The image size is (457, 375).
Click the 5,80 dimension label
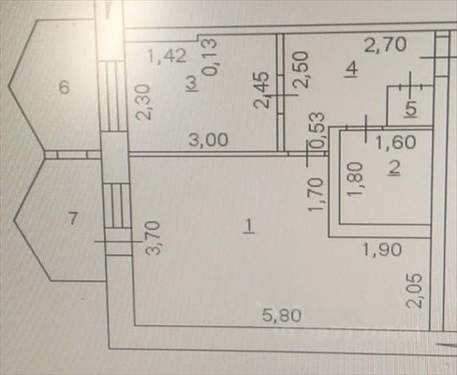[282, 315]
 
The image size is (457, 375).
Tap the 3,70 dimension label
[155, 238]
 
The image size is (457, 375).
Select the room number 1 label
[249, 226]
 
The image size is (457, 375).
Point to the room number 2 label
[394, 169]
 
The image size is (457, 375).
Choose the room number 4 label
[352, 68]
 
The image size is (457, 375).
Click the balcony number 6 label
[64, 87]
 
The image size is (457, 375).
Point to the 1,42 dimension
[167, 56]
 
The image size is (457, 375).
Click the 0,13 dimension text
[210, 56]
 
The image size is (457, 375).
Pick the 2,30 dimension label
[144, 102]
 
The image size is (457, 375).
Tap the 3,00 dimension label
[209, 140]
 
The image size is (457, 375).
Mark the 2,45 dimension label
[262, 90]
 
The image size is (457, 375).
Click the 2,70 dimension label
[386, 44]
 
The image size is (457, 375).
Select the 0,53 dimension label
[318, 130]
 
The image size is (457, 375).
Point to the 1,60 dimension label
[395, 142]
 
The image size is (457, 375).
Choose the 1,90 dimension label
[382, 250]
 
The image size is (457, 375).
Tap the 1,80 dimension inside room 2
[356, 180]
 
